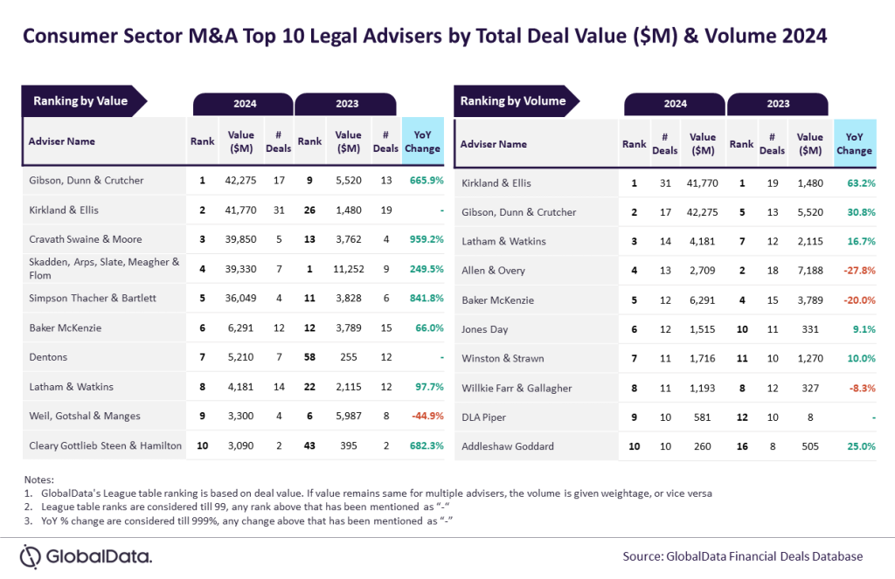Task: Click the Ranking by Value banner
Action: [x=81, y=101]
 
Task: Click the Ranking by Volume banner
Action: [x=513, y=101]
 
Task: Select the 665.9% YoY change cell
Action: [x=426, y=181]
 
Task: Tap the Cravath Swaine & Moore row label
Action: [x=86, y=239]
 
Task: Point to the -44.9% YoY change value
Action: [x=426, y=416]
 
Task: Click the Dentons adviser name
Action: [x=49, y=357]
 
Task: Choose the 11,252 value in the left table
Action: [x=348, y=268]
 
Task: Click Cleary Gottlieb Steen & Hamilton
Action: [x=106, y=445]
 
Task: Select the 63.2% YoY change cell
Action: [x=857, y=183]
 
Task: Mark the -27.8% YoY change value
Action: [x=857, y=271]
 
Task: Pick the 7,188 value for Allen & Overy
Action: [x=809, y=271]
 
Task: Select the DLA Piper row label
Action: [x=483, y=417]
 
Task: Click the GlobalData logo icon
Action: [x=31, y=556]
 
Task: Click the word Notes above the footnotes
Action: [x=39, y=479]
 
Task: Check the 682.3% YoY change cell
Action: [x=426, y=445]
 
